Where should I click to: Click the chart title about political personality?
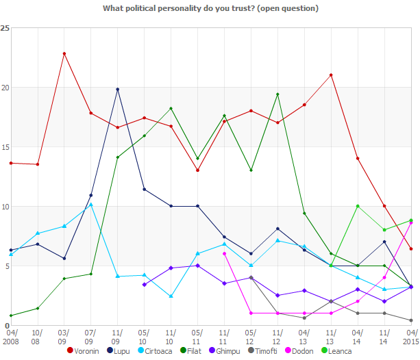point(210,8)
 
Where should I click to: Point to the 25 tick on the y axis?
point(5,28)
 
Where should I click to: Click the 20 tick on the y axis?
point(5,88)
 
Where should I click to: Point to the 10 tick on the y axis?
point(5,207)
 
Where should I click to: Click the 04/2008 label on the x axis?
point(11,335)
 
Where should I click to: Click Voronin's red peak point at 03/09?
point(64,53)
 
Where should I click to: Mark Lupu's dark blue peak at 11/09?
point(118,89)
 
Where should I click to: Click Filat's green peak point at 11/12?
point(277,94)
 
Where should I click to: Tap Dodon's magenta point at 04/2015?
point(410,222)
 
